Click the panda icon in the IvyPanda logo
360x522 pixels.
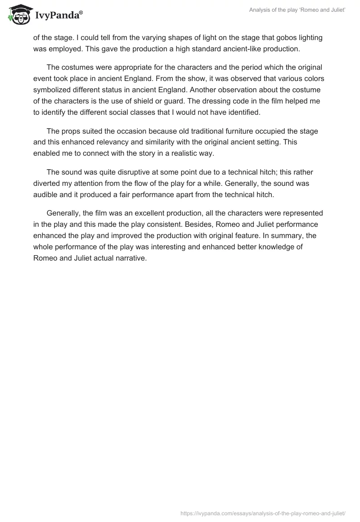coord(18,15)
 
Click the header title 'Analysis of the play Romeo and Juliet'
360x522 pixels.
coord(297,11)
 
